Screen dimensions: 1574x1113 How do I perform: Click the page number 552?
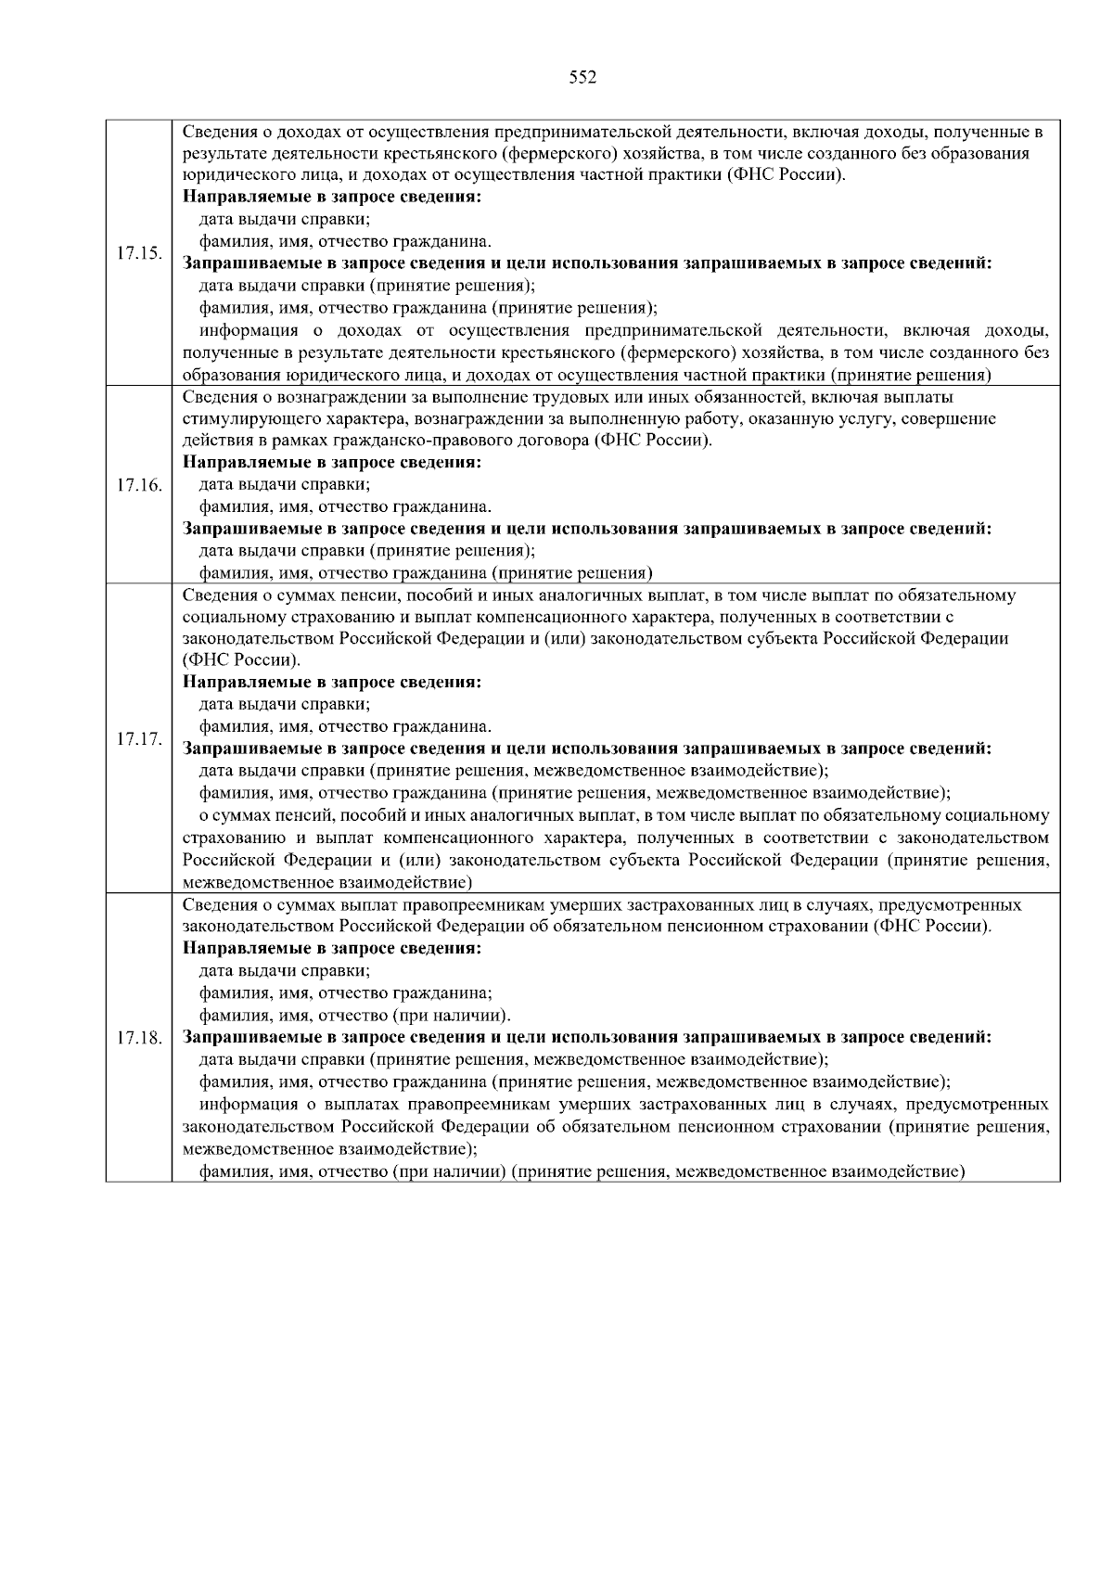pyautogui.click(x=582, y=78)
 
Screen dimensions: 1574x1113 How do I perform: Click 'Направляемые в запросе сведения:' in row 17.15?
pyautogui.click(x=332, y=198)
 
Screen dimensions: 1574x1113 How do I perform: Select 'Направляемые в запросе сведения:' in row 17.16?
pyautogui.click(x=332, y=462)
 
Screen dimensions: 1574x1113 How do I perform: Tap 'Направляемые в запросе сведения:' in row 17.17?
pyautogui.click(x=332, y=683)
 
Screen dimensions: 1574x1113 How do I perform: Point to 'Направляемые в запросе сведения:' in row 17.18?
pyautogui.click(x=332, y=949)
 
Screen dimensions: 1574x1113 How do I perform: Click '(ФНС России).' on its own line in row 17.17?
pyautogui.click(x=241, y=660)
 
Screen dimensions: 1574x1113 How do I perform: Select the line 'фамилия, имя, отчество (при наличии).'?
pyautogui.click(x=355, y=1015)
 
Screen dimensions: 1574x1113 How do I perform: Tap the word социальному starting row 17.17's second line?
pyautogui.click(x=228, y=617)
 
